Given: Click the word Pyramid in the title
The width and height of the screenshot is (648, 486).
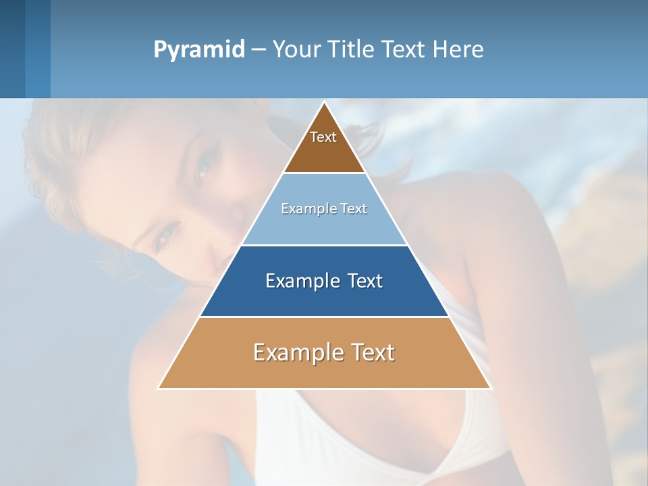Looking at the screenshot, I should pos(198,50).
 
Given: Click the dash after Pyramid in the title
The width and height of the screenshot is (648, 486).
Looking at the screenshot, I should pos(258,50).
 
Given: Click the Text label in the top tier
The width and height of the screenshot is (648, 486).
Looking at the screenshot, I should pos(323,137).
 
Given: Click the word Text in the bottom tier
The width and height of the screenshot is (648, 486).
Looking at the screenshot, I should pos(372,352).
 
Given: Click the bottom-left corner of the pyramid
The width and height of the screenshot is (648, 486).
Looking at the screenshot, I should pos(159,388).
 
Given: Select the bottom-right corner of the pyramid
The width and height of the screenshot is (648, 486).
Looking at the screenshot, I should pos(490,388).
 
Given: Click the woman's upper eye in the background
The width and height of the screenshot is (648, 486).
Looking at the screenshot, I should pos(203,169).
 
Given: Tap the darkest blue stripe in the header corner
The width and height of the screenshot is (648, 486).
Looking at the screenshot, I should pos(12,49).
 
